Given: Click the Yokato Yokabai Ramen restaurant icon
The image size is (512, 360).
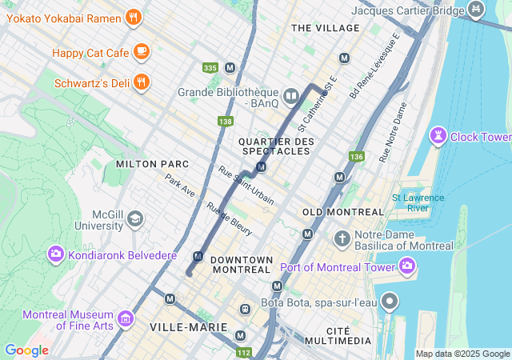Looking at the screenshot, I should tap(134, 17).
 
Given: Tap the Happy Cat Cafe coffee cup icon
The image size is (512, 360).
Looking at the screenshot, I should tap(141, 52).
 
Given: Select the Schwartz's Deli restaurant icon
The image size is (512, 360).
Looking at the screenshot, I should tap(141, 82).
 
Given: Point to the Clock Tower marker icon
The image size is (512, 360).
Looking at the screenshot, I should tap(438, 136).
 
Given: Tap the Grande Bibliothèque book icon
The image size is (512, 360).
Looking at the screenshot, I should tap(290, 97).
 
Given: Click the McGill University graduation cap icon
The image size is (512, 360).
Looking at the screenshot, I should tap(135, 218).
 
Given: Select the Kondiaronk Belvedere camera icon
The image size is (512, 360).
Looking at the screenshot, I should tap(56, 254).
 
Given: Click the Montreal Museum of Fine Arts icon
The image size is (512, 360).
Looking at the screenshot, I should tap(125, 320).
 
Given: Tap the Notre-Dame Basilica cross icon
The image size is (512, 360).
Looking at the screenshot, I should tap(342, 238).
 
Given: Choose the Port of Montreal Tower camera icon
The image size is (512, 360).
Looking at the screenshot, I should tap(408, 265).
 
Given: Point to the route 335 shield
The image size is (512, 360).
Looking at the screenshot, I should tap(210, 68).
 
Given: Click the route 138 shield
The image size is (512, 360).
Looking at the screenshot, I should tap(225, 122).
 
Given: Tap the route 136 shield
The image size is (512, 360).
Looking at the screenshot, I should tap(356, 156).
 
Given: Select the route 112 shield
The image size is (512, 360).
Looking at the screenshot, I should tap(244, 351).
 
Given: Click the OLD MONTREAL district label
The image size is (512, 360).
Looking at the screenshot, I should tap(343, 212).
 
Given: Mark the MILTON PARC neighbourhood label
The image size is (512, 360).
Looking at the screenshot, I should tap(152, 164).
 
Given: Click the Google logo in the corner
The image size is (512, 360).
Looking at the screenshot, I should tap(26, 350).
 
